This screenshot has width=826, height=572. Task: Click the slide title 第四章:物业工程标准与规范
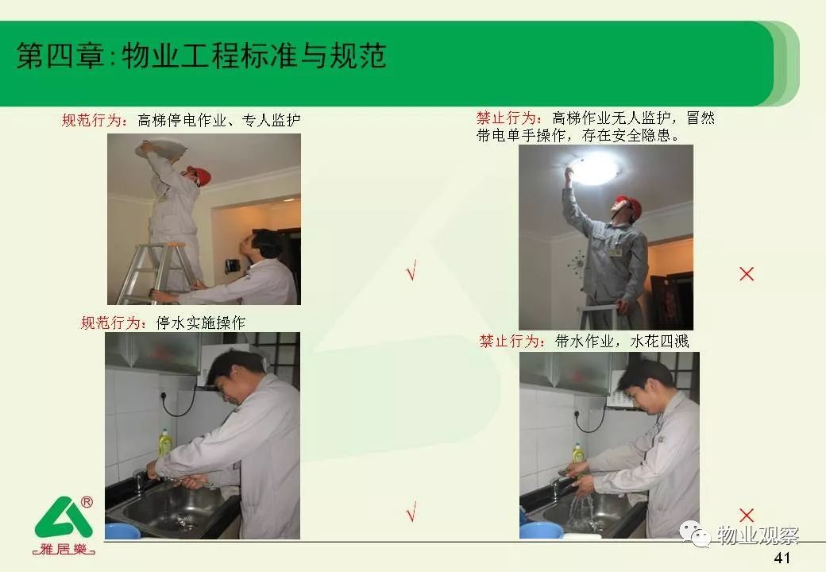tap(202, 56)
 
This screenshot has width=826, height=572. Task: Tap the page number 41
tap(782, 558)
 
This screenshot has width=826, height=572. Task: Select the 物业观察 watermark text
tap(758, 535)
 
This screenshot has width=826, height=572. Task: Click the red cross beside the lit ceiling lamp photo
tap(747, 274)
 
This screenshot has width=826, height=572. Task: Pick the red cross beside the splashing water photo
tap(747, 515)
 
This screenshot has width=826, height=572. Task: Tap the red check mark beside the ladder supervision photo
tap(411, 270)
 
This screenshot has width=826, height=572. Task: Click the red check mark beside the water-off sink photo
tap(411, 511)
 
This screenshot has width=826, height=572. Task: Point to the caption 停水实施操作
tap(201, 323)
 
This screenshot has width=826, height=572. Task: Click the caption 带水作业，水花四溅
tap(622, 342)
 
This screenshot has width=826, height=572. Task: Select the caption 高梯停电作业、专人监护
tap(219, 121)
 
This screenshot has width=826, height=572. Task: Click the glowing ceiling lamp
tap(594, 168)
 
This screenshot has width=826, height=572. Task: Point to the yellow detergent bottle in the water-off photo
tap(165, 442)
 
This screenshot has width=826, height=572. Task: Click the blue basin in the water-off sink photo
tap(123, 531)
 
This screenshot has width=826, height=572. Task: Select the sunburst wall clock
tap(578, 263)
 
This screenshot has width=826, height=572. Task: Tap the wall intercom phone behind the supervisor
tap(231, 266)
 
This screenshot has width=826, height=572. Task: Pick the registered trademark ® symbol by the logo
tap(87, 502)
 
